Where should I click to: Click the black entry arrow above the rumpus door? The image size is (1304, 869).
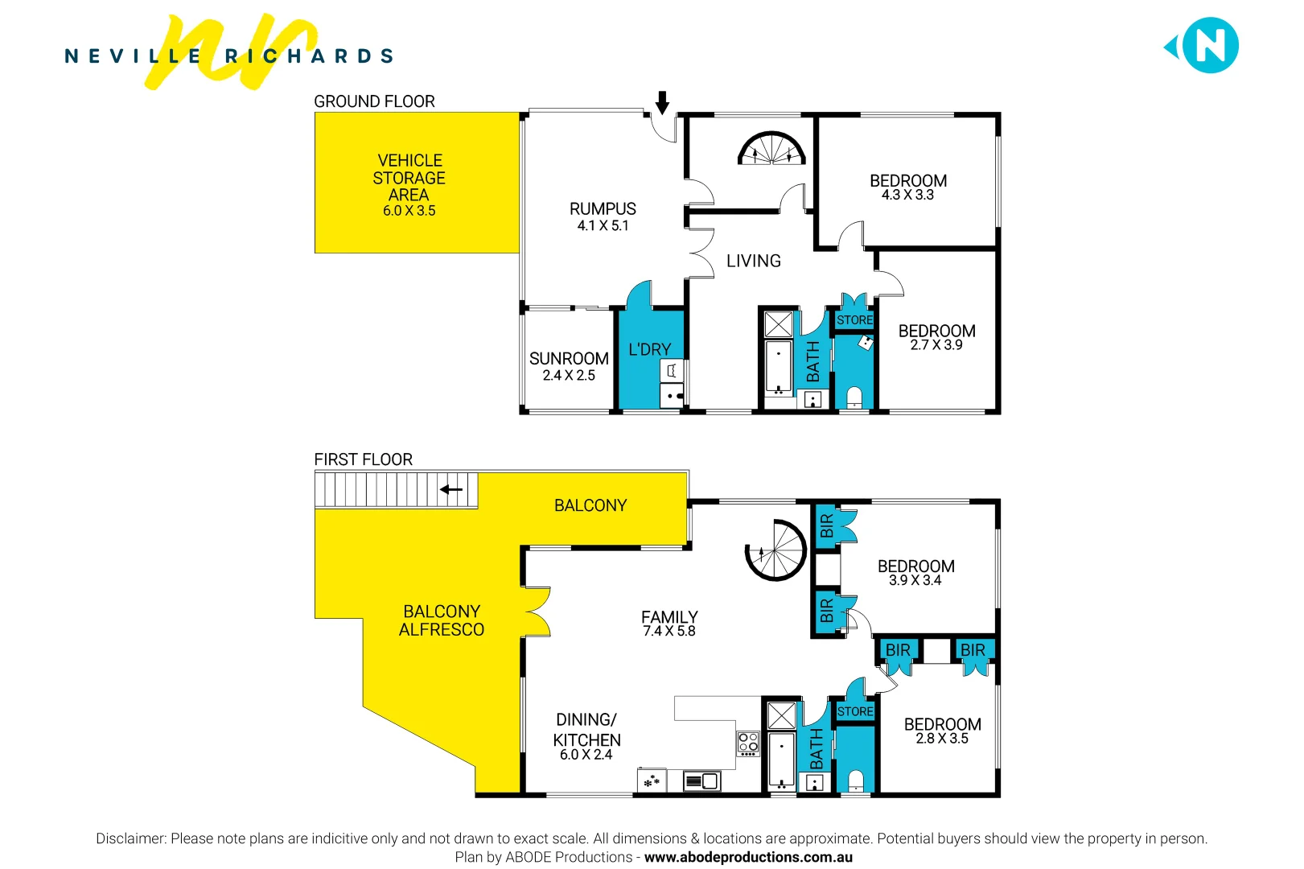click(662, 102)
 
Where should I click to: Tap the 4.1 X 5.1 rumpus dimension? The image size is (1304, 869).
click(603, 226)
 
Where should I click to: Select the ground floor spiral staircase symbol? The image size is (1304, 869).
click(771, 149)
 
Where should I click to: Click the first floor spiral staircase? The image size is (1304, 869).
click(775, 550)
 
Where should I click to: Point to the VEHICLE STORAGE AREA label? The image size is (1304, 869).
click(409, 178)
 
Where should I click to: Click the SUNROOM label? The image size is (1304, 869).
click(569, 359)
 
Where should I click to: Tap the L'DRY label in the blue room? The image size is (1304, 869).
click(649, 350)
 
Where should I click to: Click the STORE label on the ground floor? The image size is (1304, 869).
click(854, 320)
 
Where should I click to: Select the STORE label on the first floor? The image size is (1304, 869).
click(855, 712)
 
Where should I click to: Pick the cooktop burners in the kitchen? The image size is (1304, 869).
click(748, 743)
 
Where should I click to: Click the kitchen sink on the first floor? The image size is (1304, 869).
click(701, 780)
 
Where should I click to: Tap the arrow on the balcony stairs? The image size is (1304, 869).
click(451, 489)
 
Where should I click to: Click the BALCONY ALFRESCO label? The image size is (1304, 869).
click(442, 620)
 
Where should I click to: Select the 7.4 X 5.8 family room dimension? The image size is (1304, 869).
click(669, 632)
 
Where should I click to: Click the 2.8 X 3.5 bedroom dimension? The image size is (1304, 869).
click(942, 739)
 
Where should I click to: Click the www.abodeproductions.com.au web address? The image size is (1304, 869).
click(748, 858)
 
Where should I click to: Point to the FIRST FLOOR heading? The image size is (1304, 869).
click(364, 459)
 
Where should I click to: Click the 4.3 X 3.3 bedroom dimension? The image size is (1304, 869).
click(907, 195)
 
